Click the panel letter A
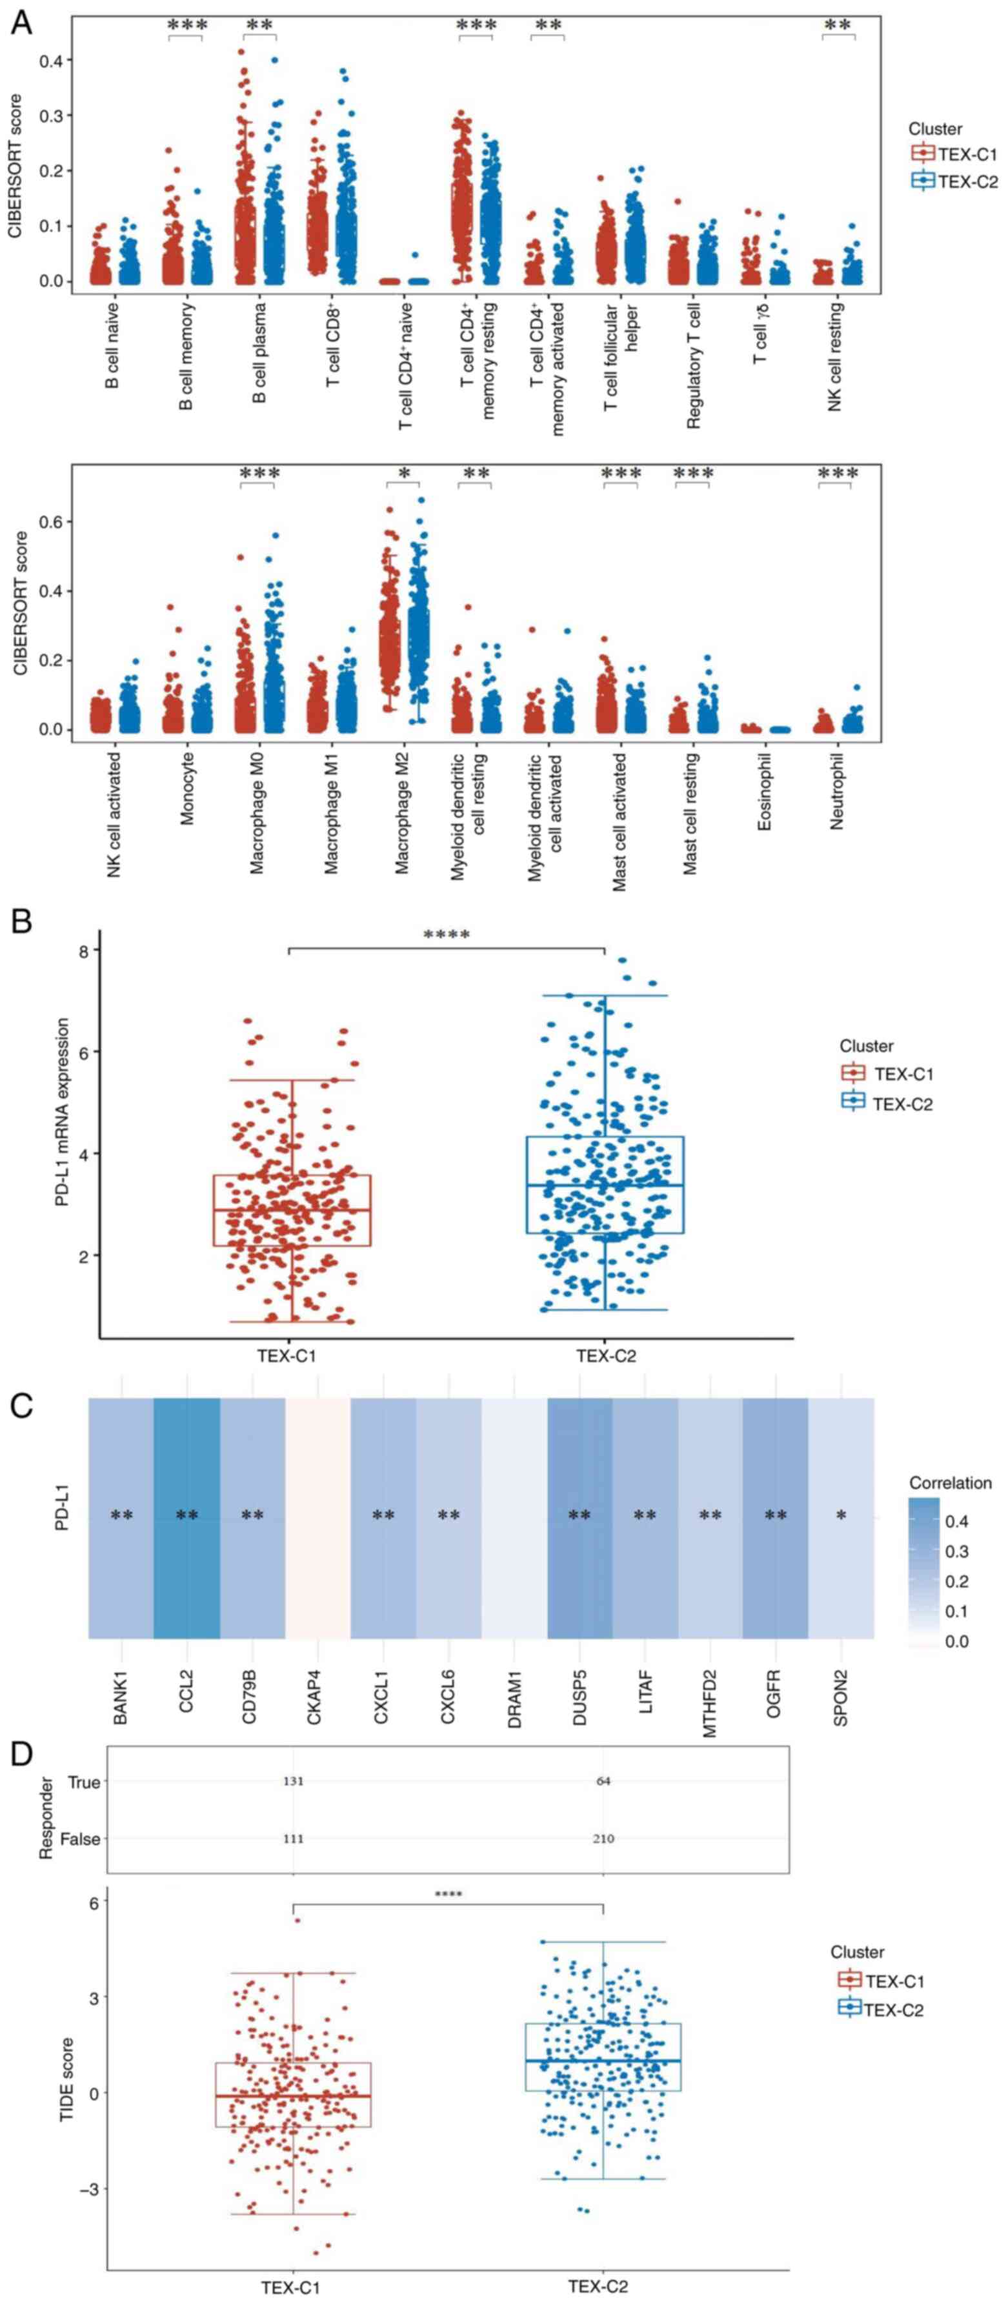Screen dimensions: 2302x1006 tap(21, 23)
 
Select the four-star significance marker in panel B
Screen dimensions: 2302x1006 tap(447, 936)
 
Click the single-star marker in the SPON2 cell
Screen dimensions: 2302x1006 tap(841, 1515)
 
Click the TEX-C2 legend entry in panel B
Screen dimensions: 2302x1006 tap(901, 1104)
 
